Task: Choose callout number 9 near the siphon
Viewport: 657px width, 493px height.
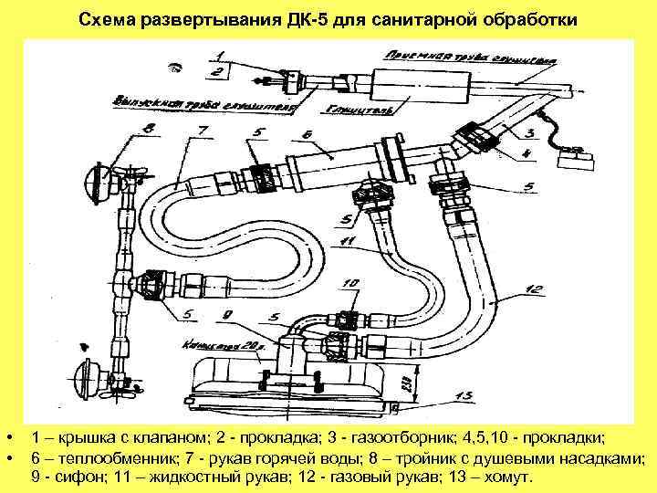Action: (x=224, y=315)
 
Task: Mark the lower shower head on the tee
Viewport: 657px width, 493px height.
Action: (x=92, y=378)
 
